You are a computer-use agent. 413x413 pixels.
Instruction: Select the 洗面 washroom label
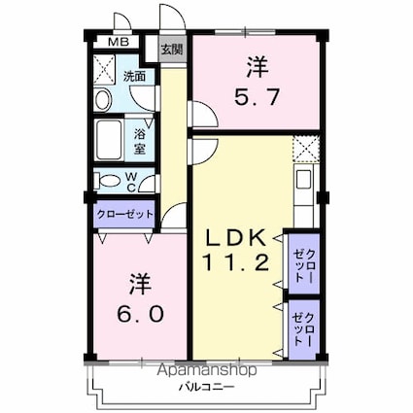pos(134,75)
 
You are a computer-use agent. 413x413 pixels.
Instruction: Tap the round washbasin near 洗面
pos(104,98)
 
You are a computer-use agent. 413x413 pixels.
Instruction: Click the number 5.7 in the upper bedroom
pos(256,99)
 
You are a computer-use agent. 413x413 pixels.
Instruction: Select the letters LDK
pos(233,237)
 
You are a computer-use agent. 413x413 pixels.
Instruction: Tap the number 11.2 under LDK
pos(233,261)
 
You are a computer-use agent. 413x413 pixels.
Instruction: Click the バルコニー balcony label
pos(203,387)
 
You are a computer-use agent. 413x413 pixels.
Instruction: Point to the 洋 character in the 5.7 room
pos(256,68)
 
